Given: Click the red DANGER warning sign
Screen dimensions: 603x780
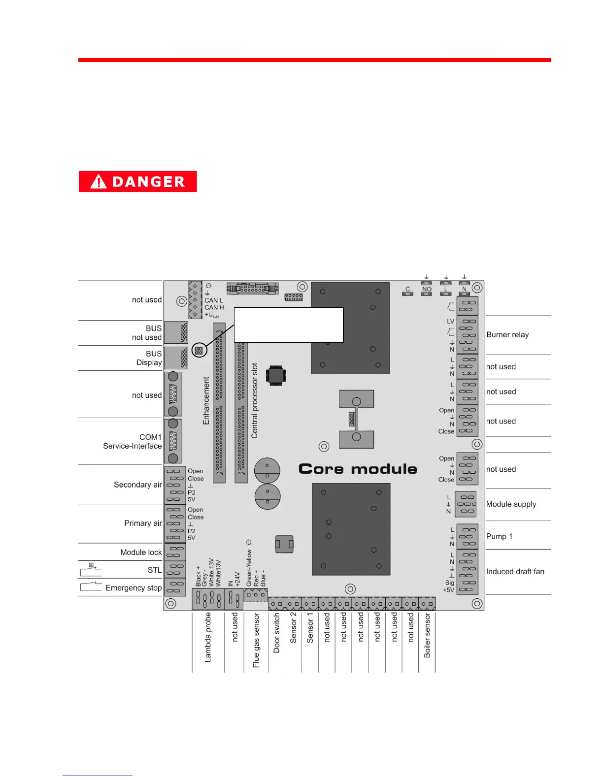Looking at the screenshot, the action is pyautogui.click(x=137, y=181).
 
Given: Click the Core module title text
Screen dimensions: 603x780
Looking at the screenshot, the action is pyautogui.click(x=358, y=469).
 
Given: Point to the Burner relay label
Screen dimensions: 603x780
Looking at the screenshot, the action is pyautogui.click(x=507, y=335).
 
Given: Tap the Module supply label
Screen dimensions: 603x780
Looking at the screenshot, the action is pyautogui.click(x=511, y=504).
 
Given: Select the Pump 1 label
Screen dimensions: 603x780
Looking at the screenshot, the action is pyautogui.click(x=499, y=536).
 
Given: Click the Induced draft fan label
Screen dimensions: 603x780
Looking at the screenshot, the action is pyautogui.click(x=515, y=572).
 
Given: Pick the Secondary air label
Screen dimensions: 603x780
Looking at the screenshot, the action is pyautogui.click(x=137, y=485).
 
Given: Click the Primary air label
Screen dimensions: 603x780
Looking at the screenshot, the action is pyautogui.click(x=143, y=523).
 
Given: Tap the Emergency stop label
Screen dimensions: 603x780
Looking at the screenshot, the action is pyautogui.click(x=133, y=587).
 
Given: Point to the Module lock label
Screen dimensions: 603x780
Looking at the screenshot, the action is pyautogui.click(x=141, y=552).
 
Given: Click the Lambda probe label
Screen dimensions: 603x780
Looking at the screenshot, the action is pyautogui.click(x=208, y=637).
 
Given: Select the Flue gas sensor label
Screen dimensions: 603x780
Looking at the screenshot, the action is pyautogui.click(x=256, y=640).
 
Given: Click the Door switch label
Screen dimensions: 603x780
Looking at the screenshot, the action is pyautogui.click(x=276, y=633).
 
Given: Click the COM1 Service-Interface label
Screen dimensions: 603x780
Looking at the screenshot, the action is pyautogui.click(x=133, y=442).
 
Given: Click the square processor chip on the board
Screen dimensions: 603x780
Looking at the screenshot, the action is pyautogui.click(x=276, y=375).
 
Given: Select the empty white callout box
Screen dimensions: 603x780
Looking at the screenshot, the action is pyautogui.click(x=288, y=325).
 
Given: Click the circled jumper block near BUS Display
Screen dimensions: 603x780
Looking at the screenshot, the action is pyautogui.click(x=199, y=351).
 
